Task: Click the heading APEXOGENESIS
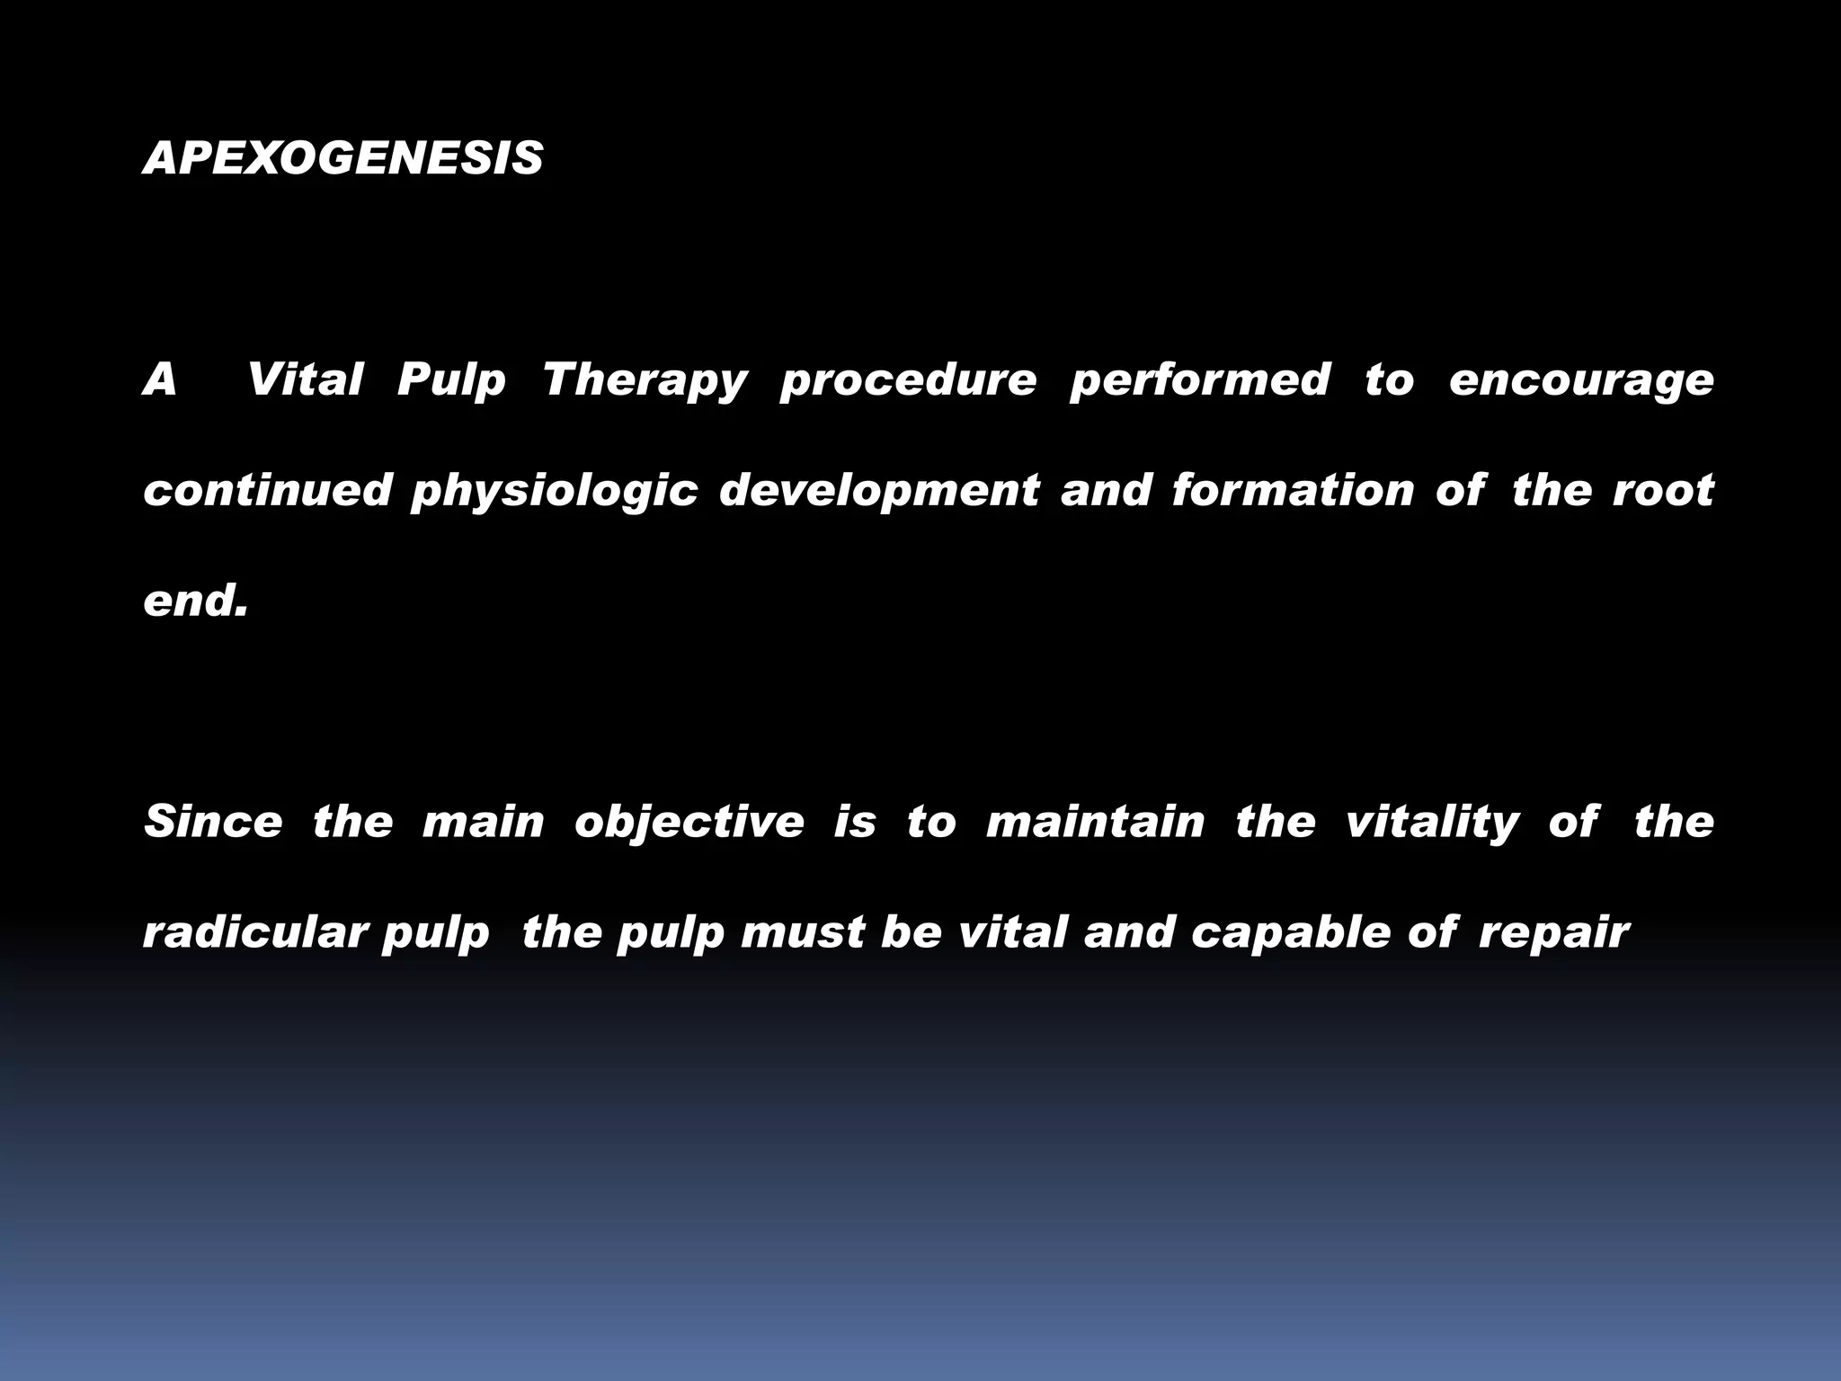[x=343, y=158]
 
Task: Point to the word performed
[x=1199, y=379]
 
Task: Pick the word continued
[x=268, y=491]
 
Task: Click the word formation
[x=1293, y=491]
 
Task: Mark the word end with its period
[x=195, y=601]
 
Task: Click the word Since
[x=213, y=822]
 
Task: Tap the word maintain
[x=1095, y=822]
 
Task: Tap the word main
[x=483, y=822]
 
